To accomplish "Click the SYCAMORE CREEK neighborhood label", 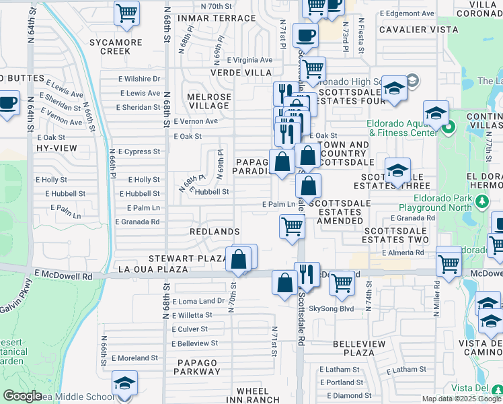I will click(x=119, y=46).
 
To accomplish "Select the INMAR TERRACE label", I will click(x=216, y=18).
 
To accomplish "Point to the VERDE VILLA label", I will click(x=241, y=72).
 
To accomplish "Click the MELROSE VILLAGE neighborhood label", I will click(x=208, y=101).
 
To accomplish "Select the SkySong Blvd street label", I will click(x=331, y=308).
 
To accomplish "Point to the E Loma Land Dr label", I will click(x=198, y=301).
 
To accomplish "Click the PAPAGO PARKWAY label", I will click(x=198, y=367).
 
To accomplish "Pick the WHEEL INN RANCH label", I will click(x=253, y=395).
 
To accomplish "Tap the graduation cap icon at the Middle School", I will click(x=124, y=384).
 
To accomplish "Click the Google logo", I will click(x=22, y=396).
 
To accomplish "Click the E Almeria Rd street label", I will click(x=402, y=253).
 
